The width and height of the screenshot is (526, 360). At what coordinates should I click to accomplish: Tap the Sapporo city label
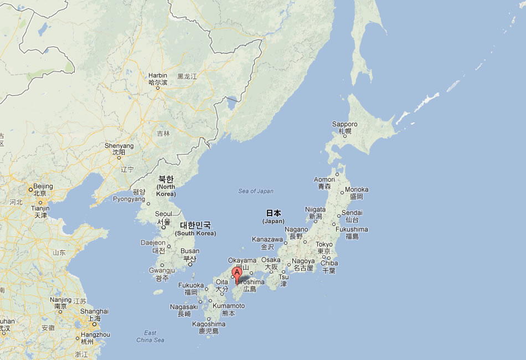pos(344,124)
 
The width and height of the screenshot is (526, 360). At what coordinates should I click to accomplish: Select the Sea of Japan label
pos(256,191)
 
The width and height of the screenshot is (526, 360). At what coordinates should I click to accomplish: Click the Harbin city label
pos(157,75)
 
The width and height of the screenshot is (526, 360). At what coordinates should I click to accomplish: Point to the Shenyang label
pos(119,146)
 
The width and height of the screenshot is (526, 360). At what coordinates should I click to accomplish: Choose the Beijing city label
pos(43,187)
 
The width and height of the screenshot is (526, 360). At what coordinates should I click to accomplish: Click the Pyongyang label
pos(128,199)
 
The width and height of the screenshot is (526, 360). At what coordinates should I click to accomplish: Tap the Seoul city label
pos(163,214)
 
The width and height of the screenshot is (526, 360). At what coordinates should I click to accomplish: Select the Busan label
pos(190,251)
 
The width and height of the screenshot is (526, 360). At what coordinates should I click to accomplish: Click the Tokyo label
pos(324,244)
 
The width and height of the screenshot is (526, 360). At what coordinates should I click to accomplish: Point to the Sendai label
pos(352,213)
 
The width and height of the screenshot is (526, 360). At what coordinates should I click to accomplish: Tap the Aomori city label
pos(324,179)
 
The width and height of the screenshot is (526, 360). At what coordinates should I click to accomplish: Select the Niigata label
pos(316,209)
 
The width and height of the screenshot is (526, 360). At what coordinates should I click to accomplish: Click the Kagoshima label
pos(209,324)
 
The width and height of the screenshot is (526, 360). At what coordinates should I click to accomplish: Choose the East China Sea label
pos(150,336)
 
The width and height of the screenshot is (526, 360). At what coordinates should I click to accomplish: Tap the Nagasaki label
pos(184,307)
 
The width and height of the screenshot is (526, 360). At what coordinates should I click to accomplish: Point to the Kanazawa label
pos(268,239)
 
